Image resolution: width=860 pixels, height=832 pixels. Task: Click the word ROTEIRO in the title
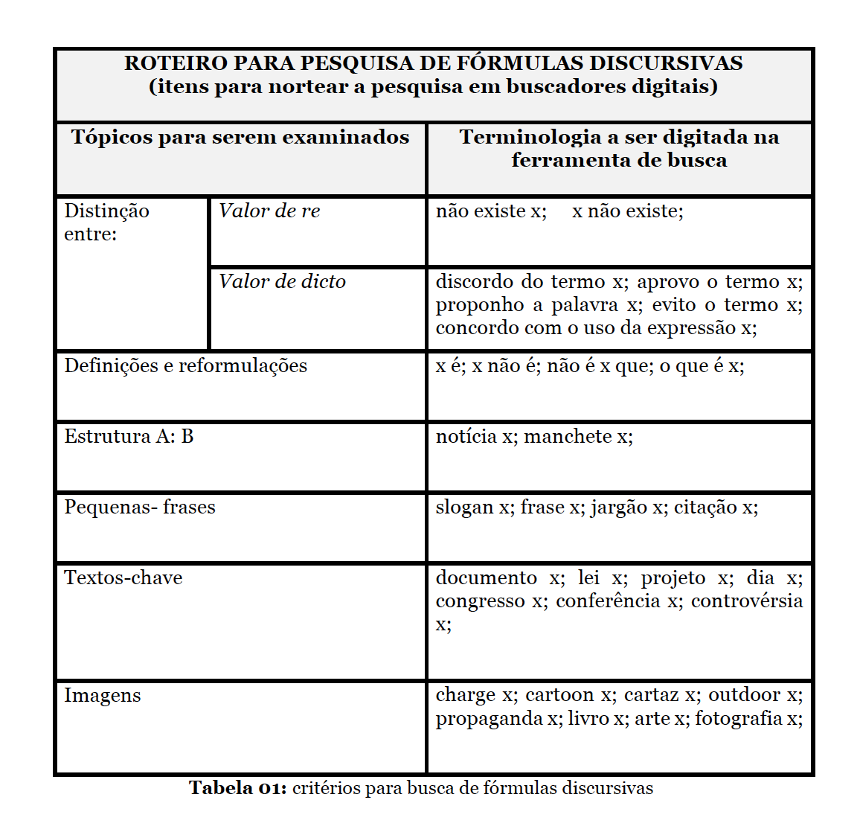(175, 63)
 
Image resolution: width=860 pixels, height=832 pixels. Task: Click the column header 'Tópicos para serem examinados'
(240, 137)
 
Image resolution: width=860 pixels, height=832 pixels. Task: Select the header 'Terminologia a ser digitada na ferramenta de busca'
(619, 148)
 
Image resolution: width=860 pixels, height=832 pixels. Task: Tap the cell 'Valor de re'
(269, 211)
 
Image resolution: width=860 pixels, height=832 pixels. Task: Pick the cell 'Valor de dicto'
(282, 282)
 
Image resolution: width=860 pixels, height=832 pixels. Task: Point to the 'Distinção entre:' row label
(106, 223)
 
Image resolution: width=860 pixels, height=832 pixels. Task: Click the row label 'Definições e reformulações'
(185, 366)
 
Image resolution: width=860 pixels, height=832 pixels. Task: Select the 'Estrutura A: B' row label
(129, 437)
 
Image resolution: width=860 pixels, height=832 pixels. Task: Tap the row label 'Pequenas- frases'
(140, 508)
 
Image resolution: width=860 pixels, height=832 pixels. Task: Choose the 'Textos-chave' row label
(123, 578)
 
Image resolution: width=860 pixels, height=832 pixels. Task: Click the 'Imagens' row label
(102, 696)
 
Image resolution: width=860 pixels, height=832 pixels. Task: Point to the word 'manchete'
(569, 437)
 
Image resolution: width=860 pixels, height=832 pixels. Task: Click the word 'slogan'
(465, 508)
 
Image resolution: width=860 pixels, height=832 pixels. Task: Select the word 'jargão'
(619, 508)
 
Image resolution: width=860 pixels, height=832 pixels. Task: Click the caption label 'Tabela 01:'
(237, 788)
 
